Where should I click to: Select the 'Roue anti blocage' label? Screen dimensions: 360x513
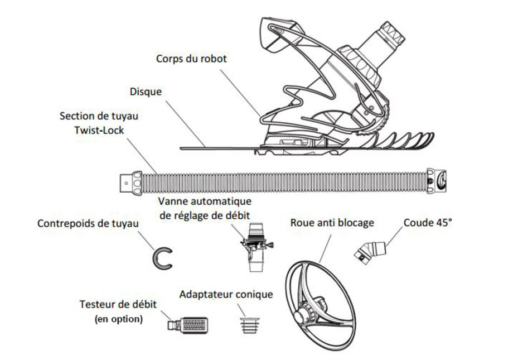click(332, 223)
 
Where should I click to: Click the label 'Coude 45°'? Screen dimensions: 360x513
click(428, 223)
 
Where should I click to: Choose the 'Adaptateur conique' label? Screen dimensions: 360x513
click(226, 294)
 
